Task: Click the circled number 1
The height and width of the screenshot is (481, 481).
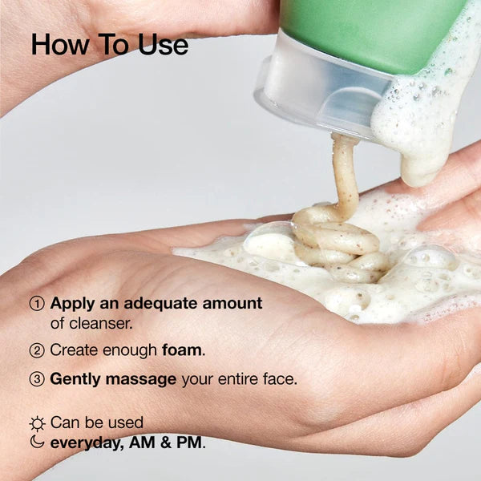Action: (x=37, y=305)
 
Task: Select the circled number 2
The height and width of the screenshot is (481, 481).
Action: (x=37, y=350)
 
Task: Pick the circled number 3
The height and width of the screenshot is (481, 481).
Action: (x=37, y=379)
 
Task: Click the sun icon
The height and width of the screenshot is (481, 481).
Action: (x=37, y=422)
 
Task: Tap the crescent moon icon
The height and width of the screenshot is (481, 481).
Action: (x=37, y=442)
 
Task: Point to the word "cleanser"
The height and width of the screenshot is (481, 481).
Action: (x=104, y=323)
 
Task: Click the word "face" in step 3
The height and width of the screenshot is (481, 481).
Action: (x=277, y=379)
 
